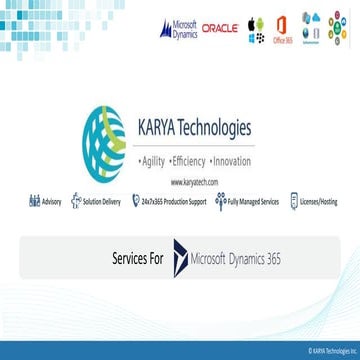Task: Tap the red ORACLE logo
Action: pyautogui.click(x=219, y=28)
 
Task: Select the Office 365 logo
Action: pyautogui.click(x=282, y=28)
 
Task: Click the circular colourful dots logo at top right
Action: pyautogui.click(x=338, y=28)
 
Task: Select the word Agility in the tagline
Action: pyautogui.click(x=151, y=160)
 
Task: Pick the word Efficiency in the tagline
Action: pyautogui.click(x=187, y=160)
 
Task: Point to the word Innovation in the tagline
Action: pyautogui.click(x=230, y=160)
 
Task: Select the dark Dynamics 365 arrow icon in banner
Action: pyautogui.click(x=179, y=258)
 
